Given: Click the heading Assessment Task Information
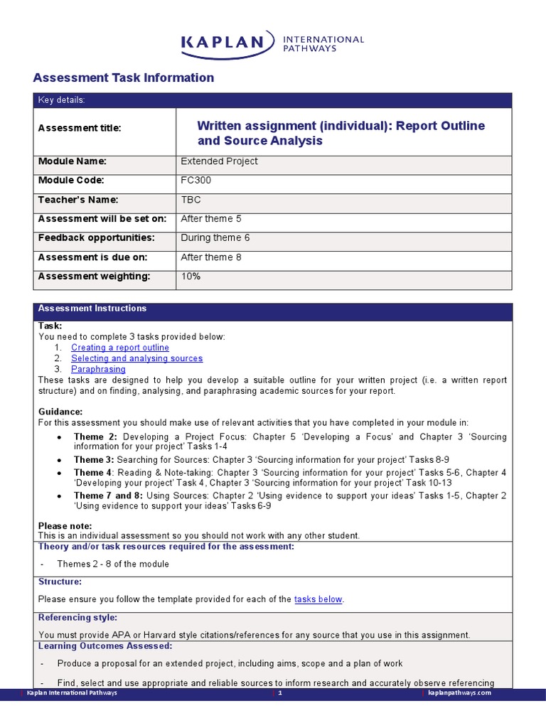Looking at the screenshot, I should [x=124, y=78].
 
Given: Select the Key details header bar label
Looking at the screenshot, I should [x=61, y=100].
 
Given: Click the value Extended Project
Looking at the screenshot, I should [x=219, y=161].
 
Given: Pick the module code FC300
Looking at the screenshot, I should [x=196, y=181].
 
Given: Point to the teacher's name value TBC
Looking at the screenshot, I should [x=191, y=200].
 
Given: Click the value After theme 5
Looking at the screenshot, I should [x=211, y=219].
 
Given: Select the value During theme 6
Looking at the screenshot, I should [x=215, y=238].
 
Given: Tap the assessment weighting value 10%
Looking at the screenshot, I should [x=191, y=277].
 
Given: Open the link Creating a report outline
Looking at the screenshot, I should [x=120, y=348].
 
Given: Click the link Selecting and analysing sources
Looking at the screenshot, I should [x=136, y=358].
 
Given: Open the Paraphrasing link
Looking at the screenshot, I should [x=98, y=369].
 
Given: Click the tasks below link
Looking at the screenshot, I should [x=318, y=599].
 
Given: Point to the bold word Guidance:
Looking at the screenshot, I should [x=60, y=412].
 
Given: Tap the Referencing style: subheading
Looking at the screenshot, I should [x=77, y=618].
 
